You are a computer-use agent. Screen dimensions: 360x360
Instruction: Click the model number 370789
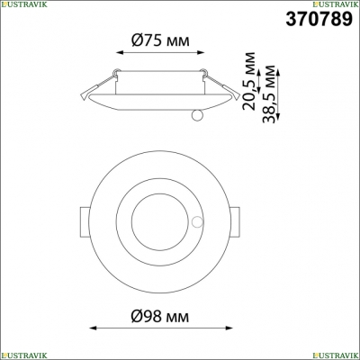[x=319, y=20]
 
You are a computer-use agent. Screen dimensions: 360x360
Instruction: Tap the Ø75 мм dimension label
[x=160, y=40]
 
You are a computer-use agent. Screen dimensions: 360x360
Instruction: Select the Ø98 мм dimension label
[x=160, y=316]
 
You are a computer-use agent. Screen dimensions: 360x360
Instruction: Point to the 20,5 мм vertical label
[x=249, y=81]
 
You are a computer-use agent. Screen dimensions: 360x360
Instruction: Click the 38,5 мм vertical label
[x=268, y=94]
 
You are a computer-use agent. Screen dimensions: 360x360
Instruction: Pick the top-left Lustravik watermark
[x=23, y=4]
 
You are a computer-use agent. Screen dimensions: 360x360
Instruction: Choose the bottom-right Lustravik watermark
[x=336, y=356]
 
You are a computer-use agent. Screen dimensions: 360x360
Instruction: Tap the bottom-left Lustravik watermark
[x=23, y=356]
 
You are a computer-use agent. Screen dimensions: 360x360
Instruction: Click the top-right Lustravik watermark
[x=336, y=4]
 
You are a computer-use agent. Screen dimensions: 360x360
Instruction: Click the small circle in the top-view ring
[x=197, y=222]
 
